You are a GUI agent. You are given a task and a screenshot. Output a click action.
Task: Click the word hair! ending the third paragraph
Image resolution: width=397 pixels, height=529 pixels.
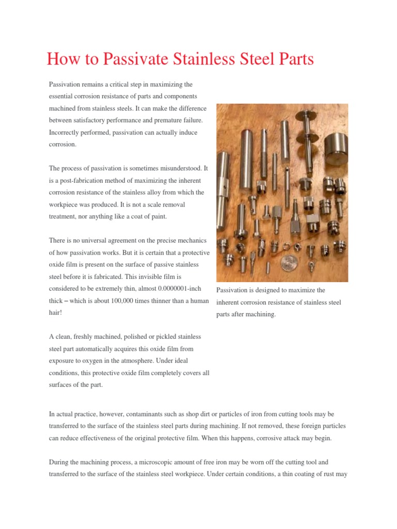[x=55, y=313]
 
